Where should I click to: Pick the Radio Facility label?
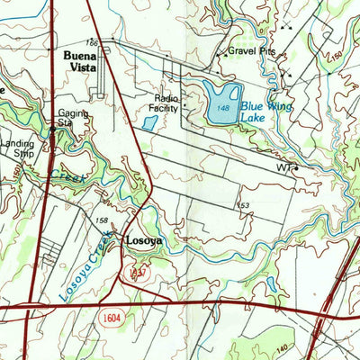coord(166,103)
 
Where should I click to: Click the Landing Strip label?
coord(17,148)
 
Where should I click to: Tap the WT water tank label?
coord(284,167)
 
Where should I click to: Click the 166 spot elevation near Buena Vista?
coord(93,42)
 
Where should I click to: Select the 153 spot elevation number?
coord(243,206)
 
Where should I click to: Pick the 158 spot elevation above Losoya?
coord(103,220)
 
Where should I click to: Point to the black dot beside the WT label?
coord(296,168)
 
